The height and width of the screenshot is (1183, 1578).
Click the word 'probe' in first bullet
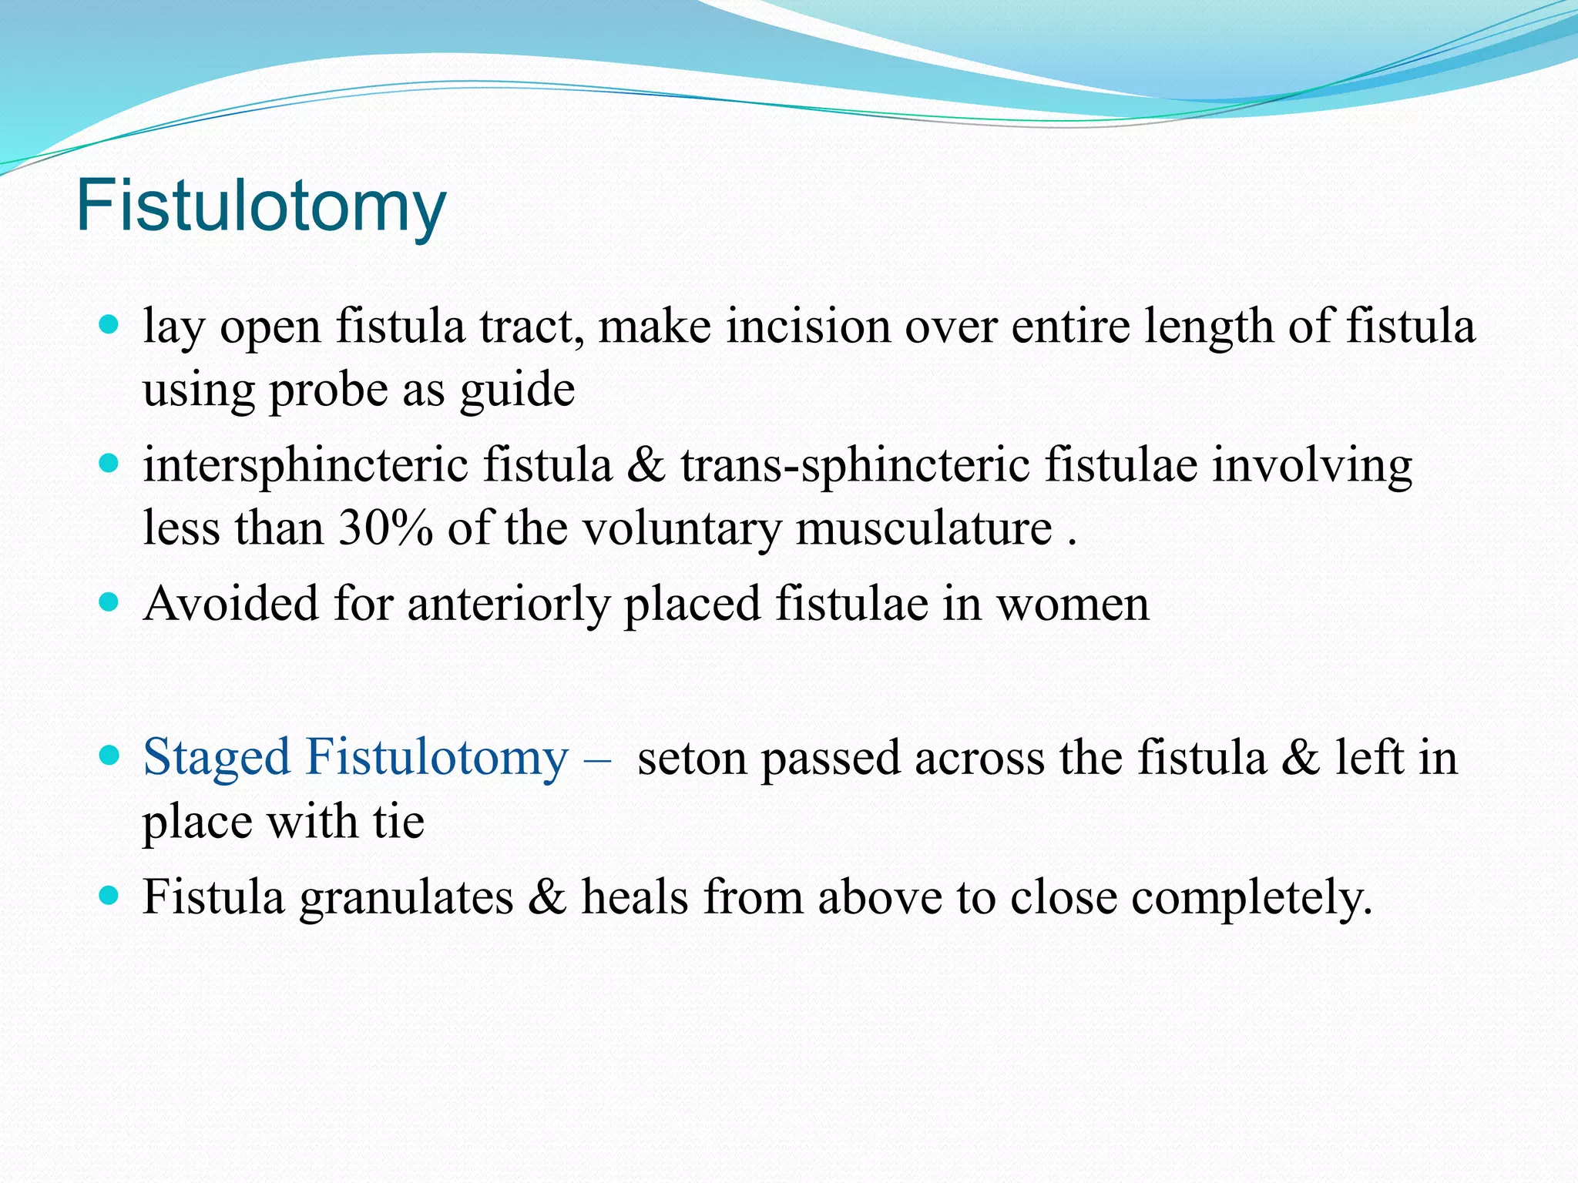tap(328, 390)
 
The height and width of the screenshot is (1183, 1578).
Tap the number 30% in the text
tap(385, 529)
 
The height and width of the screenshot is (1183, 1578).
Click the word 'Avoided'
tap(230, 603)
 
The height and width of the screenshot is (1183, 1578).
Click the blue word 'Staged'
tap(216, 757)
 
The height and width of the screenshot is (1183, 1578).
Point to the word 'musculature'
tap(924, 529)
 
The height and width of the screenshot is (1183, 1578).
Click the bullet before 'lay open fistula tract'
tap(109, 323)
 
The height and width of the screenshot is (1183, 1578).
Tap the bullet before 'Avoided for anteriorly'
tap(109, 602)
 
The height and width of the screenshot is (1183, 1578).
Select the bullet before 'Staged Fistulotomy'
tap(109, 756)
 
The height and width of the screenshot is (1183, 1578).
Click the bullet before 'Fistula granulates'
tap(109, 896)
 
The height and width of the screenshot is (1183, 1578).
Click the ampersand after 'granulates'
tap(546, 897)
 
